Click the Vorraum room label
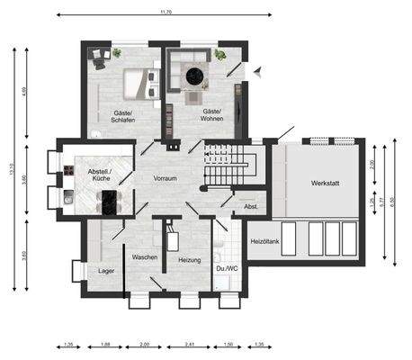(165, 179)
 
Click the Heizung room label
(189, 259)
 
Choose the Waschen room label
(145, 257)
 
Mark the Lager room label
(105, 270)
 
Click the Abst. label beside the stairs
(251, 207)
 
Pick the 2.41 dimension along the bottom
(190, 345)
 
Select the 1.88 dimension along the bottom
(105, 345)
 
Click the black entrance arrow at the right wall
(257, 69)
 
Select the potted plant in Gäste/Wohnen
(219, 55)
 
